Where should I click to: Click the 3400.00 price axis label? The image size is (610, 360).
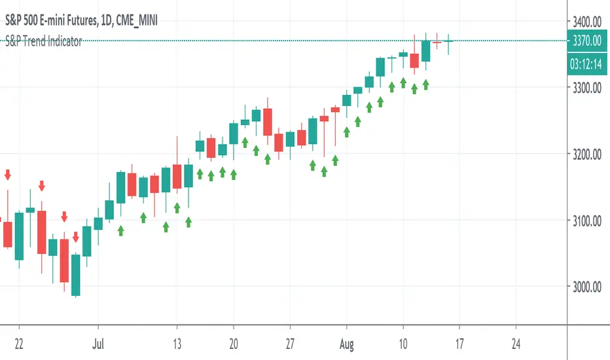click(586, 19)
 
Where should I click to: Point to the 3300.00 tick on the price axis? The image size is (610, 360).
click(586, 87)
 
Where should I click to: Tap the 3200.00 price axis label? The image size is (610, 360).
click(586, 155)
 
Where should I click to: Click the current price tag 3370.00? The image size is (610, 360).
click(586, 40)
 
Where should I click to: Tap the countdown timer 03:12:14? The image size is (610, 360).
click(586, 63)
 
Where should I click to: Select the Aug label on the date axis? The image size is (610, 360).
click(346, 342)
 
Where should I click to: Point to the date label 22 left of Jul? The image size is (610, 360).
click(19, 342)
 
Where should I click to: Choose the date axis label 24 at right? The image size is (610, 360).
click(516, 342)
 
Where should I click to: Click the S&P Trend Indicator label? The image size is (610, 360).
click(41, 41)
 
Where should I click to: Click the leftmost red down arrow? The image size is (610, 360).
click(8, 175)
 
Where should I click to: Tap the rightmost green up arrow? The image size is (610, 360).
click(425, 84)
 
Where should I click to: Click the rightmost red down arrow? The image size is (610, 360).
click(76, 237)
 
